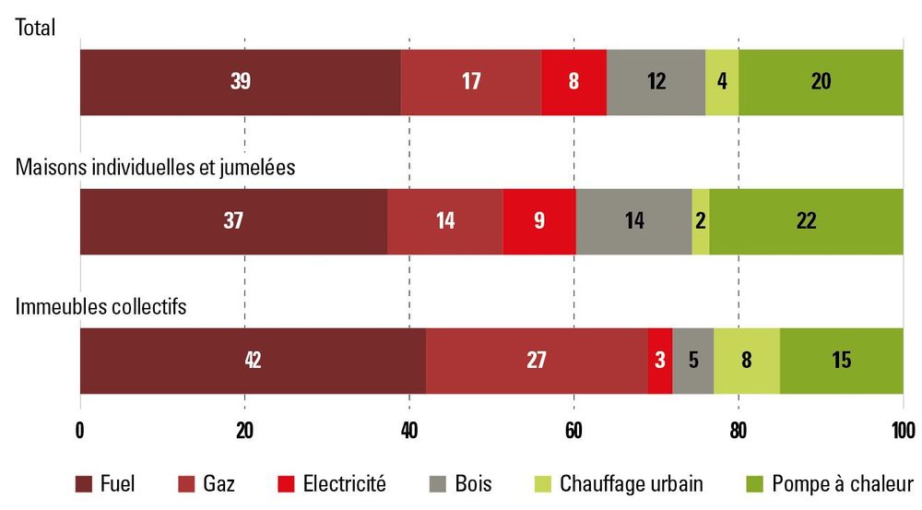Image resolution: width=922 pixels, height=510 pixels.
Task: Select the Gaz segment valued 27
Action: coord(537,361)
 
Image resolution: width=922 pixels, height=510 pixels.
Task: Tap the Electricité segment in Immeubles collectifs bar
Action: coord(660,361)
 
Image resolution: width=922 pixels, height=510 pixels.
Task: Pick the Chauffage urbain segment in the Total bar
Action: coord(722,82)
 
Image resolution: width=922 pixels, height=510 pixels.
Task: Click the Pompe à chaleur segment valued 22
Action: coord(807,221)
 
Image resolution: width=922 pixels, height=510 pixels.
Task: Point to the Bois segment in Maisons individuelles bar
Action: coord(633,221)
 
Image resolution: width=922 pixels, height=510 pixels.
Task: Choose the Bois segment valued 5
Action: coord(692,361)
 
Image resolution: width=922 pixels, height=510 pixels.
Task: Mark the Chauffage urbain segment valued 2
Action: coord(701,221)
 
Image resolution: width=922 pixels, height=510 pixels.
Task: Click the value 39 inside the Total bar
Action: coord(241,82)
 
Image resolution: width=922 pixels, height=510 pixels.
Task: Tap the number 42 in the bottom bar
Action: coord(253,361)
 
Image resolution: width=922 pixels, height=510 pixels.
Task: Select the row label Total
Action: coord(36,28)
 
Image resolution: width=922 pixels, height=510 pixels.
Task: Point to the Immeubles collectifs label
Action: coord(101,306)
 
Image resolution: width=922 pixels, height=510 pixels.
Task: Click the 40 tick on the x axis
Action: coord(408,429)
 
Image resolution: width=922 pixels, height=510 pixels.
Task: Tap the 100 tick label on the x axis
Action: coord(903,429)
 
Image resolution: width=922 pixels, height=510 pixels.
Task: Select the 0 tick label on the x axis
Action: coord(80,429)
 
